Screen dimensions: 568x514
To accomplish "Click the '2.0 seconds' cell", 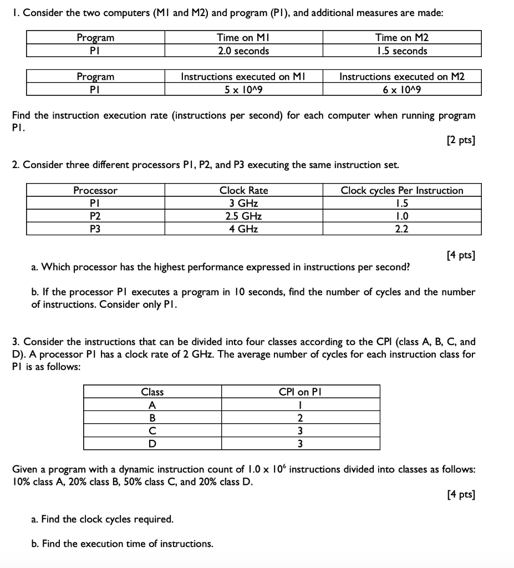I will (x=243, y=51).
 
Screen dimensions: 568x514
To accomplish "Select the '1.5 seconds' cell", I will (x=402, y=51).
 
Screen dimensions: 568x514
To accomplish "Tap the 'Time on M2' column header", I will (x=402, y=38).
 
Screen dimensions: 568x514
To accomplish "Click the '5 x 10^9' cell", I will (x=243, y=89).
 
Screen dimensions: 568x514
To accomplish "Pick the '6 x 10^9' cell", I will (x=402, y=89).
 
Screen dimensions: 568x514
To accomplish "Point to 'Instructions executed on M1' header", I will (x=243, y=77).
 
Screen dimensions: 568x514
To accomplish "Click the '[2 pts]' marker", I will (x=460, y=139).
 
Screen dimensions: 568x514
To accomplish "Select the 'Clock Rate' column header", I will (x=243, y=190).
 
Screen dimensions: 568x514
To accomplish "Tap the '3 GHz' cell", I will (x=243, y=203).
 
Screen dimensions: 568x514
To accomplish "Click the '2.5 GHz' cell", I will (x=243, y=216).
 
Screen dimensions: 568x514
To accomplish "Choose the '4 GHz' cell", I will (x=243, y=229).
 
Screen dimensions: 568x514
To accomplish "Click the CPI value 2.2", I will (x=402, y=229).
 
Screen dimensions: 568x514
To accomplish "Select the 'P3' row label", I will (x=95, y=229).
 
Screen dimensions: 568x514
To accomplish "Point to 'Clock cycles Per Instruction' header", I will (x=402, y=190).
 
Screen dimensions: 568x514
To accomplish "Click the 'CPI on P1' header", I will (x=300, y=392).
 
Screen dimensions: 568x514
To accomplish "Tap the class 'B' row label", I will (x=152, y=418).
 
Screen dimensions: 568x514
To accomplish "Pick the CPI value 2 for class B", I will (x=300, y=418).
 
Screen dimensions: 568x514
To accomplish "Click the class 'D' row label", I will (x=152, y=443).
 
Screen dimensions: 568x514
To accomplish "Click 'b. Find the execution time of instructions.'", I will (x=122, y=544).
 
